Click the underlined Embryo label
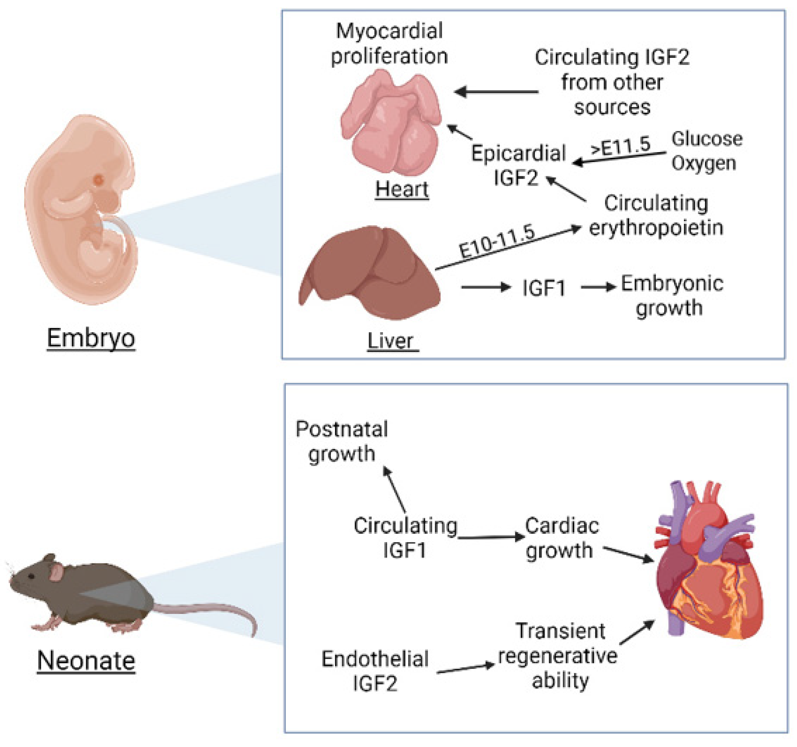91,338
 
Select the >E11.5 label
621,146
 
